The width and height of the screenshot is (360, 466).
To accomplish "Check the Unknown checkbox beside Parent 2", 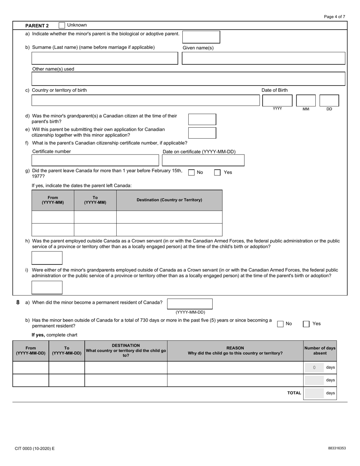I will tap(62, 25).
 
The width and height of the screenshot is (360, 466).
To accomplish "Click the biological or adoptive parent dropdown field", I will tap(201, 37).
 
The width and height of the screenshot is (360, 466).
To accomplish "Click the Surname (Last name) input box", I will tap(105, 58).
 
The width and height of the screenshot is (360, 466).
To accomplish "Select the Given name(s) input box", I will tap(263, 58).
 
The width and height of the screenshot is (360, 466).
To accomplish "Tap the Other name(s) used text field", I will tap(188, 79).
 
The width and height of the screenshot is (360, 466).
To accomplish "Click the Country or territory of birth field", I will tap(146, 100).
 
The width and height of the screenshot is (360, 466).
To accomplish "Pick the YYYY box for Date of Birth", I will tap(277, 100).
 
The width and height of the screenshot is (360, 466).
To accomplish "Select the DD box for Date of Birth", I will tap(329, 100).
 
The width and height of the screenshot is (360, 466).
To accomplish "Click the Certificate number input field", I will tap(95, 160).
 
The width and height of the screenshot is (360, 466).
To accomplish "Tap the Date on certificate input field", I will tap(203, 160).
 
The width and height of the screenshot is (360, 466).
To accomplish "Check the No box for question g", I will tap(192, 173).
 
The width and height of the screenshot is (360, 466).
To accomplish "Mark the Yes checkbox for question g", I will tap(218, 173).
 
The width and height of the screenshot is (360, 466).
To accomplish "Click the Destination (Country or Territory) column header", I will tap(169, 200).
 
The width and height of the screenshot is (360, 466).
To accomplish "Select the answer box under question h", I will tap(47, 258).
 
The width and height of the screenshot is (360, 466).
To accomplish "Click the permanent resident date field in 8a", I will tap(190, 304).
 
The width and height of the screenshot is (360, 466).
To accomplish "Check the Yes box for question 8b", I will tap(306, 324).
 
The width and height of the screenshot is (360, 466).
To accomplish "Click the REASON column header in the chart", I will tap(235, 350).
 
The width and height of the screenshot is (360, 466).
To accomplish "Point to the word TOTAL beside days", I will tap(294, 393).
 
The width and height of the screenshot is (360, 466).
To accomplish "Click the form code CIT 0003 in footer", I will tap(34, 449).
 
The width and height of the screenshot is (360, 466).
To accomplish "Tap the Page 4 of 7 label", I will tap(335, 17).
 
